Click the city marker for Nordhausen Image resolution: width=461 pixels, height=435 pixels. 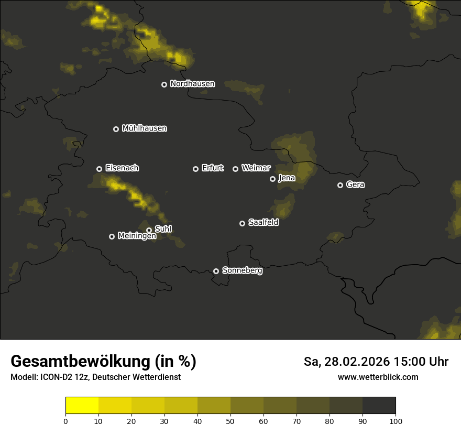click(164, 84)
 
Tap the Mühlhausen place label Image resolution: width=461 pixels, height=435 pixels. click(144, 128)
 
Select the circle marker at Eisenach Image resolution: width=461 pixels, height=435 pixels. click(99, 169)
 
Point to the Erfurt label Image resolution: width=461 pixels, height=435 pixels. click(212, 168)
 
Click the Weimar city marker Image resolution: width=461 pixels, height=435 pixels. click(235, 169)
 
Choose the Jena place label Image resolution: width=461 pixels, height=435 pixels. click(287, 178)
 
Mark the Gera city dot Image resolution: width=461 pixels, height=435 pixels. click(340, 185)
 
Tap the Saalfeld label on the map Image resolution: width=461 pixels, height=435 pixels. click(263, 223)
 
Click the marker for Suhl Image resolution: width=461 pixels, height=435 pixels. click(149, 230)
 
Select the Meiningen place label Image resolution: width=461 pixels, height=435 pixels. click(137, 236)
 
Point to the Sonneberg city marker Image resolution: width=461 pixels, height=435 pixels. click(216, 271)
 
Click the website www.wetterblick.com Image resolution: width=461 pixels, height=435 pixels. click(378, 377)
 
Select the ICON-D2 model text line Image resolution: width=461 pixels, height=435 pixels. click(95, 377)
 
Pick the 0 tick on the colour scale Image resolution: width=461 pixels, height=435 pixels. click(65, 421)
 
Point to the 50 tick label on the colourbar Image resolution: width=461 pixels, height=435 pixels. click(230, 421)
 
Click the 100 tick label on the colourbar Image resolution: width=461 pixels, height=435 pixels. click(396, 421)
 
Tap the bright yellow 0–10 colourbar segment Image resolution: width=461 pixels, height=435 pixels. click(82, 406)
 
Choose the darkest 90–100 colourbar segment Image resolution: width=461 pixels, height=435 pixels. click(379, 406)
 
